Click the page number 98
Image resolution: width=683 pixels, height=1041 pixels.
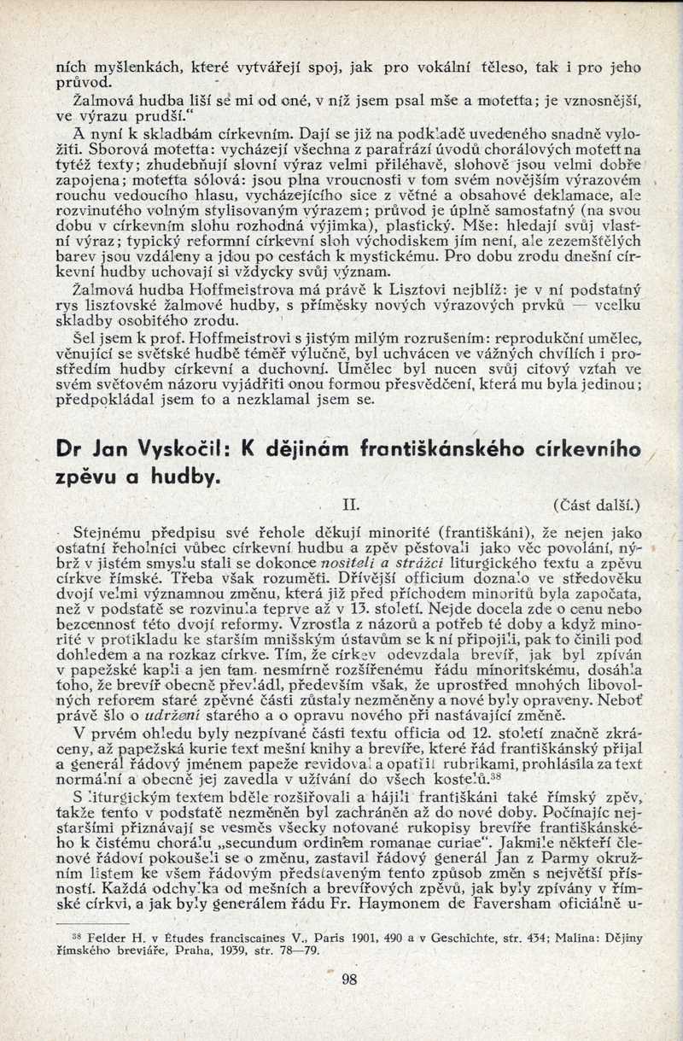point(349,980)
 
